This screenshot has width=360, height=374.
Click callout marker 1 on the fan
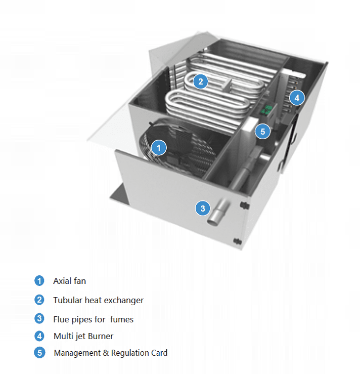click(159, 148)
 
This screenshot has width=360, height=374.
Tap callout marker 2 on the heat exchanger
click(201, 81)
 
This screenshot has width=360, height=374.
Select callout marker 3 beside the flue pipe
click(203, 208)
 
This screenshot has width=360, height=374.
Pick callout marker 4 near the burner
click(297, 98)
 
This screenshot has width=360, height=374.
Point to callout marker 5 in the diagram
click(263, 132)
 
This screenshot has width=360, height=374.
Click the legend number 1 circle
click(39, 281)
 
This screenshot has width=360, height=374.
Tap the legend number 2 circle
click(39, 300)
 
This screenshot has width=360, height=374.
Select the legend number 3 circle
click(39, 319)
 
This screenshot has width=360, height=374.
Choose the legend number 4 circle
click(39, 336)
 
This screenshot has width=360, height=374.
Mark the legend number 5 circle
click(39, 353)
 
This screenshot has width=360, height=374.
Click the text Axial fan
click(70, 281)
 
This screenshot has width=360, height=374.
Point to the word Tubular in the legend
click(68, 300)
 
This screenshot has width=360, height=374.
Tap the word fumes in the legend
click(122, 319)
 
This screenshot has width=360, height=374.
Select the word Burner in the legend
click(102, 336)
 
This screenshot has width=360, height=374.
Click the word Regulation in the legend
click(129, 353)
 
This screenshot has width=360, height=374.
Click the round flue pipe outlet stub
click(218, 212)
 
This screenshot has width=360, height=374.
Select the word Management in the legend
click(77, 353)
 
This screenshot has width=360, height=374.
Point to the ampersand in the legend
click(106, 353)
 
